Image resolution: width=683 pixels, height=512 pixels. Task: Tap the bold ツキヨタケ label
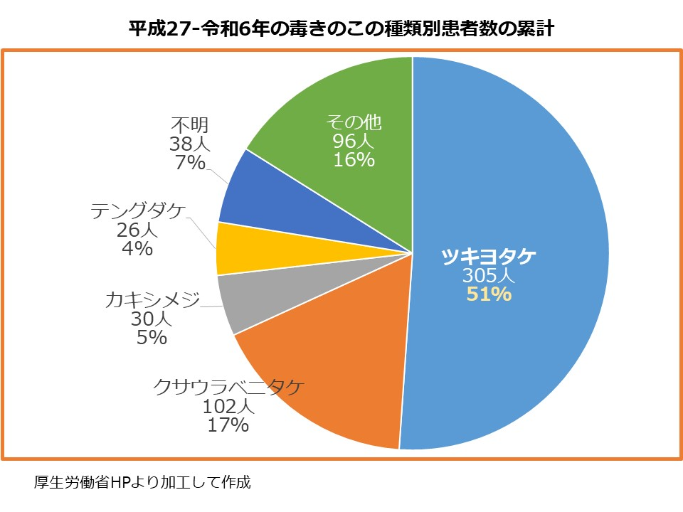pos(489,257)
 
